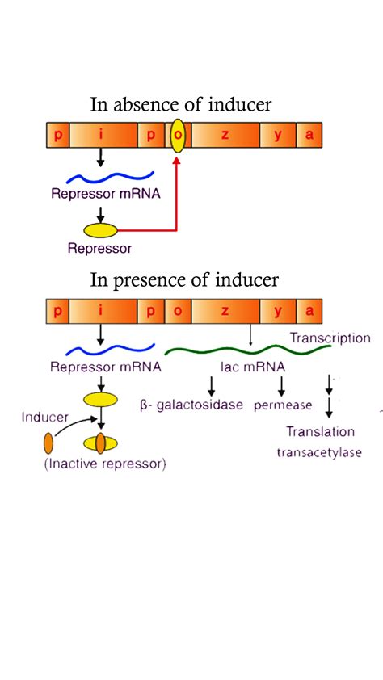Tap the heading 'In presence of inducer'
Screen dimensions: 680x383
[184, 280]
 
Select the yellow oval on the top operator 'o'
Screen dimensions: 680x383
[178, 134]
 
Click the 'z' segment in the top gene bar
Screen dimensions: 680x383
[225, 135]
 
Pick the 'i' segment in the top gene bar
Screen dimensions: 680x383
[101, 135]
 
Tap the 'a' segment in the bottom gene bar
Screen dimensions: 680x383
[309, 311]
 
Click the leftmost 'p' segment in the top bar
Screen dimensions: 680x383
[57, 135]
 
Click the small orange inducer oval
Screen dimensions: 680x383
[48, 443]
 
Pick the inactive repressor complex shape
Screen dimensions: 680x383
[100, 443]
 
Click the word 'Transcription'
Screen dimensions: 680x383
[330, 338]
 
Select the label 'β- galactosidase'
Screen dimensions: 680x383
[191, 405]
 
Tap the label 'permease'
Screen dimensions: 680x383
[283, 405]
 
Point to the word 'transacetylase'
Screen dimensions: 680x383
[319, 452]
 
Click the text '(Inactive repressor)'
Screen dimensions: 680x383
[105, 464]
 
